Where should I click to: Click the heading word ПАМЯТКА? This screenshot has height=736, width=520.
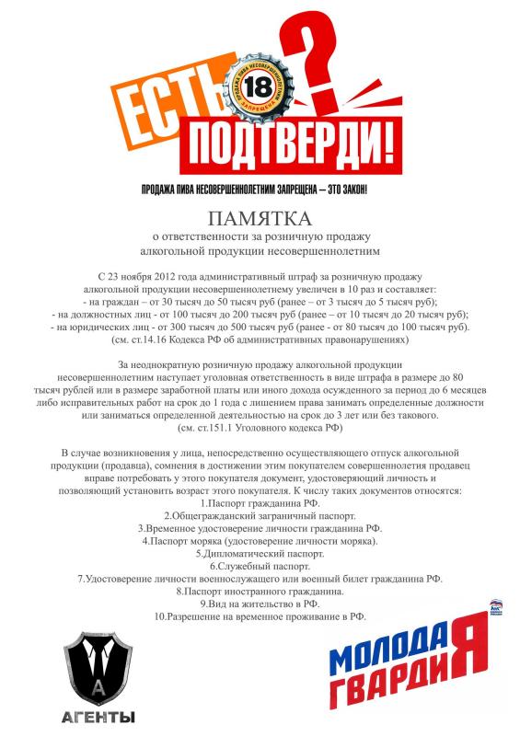(260, 219)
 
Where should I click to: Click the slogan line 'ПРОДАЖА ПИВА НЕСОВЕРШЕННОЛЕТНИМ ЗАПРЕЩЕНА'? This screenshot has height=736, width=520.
(260, 189)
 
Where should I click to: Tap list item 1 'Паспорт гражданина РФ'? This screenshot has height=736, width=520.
(260, 504)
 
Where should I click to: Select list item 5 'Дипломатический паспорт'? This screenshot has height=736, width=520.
(260, 553)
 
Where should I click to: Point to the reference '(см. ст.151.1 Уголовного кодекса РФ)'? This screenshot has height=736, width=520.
(260, 427)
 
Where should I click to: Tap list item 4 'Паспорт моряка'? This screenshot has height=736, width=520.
(260, 541)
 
